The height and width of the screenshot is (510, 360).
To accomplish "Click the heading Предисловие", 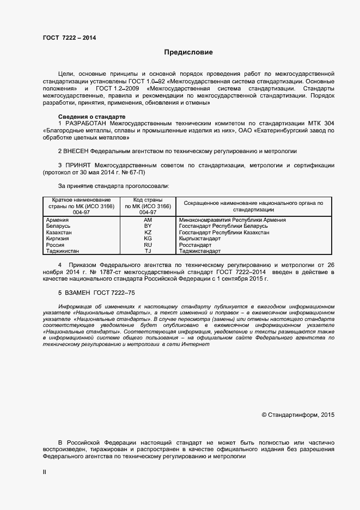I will point(188,53).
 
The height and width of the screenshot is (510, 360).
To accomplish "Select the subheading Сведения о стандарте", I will point(91,117).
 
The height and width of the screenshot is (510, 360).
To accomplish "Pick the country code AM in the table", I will point(148,220).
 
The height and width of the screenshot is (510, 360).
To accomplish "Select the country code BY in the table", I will point(148,226).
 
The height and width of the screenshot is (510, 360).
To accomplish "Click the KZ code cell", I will point(148,232).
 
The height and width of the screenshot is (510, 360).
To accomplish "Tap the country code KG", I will point(148,239).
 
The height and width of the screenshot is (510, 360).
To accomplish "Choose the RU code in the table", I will point(148,245).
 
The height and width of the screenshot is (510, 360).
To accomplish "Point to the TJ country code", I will point(148,251).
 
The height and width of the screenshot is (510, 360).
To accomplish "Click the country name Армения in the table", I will point(58,220).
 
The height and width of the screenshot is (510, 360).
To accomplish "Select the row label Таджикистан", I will point(63,251).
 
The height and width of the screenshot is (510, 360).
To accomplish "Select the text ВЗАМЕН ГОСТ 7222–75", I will point(96,293).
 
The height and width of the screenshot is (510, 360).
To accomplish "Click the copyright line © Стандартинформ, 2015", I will point(298,415).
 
